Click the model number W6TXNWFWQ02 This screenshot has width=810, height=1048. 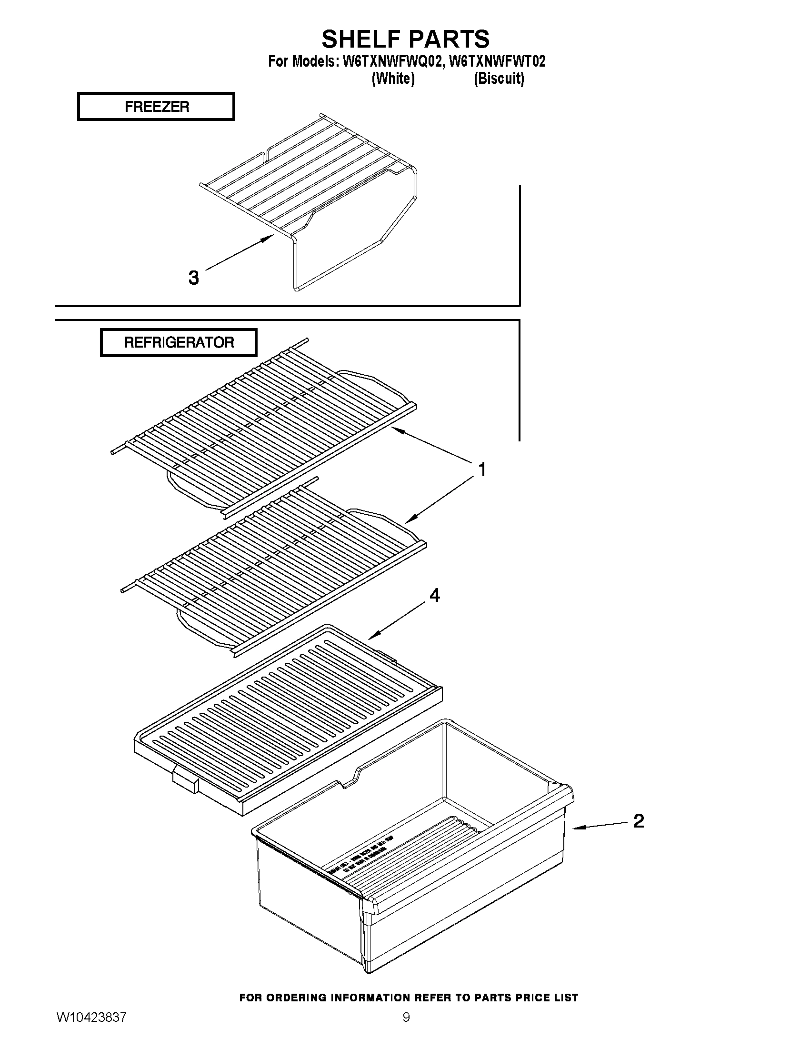tap(390, 62)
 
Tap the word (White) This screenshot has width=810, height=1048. tap(393, 78)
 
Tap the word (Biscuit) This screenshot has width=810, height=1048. tap(499, 78)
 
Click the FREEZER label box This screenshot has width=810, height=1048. tap(156, 106)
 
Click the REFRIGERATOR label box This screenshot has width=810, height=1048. tap(179, 342)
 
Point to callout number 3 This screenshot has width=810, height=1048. tap(193, 277)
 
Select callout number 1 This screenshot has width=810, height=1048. tap(482, 469)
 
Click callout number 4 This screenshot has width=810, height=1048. tap(434, 596)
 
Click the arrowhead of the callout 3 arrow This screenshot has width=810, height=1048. tap(269, 238)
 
